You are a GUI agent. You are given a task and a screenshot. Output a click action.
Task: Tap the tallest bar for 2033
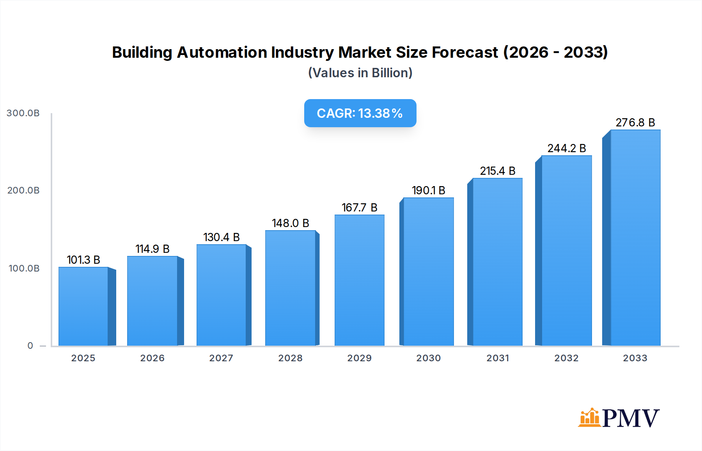(x=635, y=238)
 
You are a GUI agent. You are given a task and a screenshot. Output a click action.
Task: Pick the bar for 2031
(x=497, y=262)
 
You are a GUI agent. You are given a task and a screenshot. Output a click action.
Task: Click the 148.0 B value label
(x=291, y=223)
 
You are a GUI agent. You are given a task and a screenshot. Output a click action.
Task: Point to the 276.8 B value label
(x=635, y=123)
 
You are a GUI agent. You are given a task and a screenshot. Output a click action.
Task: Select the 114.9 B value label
(x=152, y=249)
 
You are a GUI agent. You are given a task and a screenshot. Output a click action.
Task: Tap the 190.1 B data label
(x=428, y=190)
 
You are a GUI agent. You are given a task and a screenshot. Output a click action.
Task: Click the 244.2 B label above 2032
(x=566, y=148)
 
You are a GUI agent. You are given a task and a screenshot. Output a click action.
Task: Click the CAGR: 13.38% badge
(x=360, y=113)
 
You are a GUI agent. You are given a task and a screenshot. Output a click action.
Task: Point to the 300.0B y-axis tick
(x=23, y=113)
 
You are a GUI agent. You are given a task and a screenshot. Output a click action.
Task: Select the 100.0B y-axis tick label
(x=24, y=268)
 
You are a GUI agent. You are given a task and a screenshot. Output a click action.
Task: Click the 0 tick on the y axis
(x=30, y=346)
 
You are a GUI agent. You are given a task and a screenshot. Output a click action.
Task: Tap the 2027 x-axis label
(x=221, y=358)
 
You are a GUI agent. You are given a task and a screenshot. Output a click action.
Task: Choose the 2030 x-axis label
(x=428, y=358)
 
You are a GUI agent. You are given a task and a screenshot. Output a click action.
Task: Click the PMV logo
(x=619, y=418)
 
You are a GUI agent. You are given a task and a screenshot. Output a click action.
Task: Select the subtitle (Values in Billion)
(x=360, y=73)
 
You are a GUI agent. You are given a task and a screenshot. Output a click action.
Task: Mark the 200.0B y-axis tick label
(x=23, y=190)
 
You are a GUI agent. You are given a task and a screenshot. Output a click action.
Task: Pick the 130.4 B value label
(x=221, y=237)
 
